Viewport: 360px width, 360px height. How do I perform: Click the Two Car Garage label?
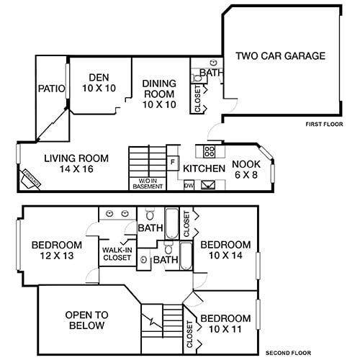coord(281,55)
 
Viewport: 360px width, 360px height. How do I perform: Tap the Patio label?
coord(51,89)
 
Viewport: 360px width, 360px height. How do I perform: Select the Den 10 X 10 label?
coord(99,83)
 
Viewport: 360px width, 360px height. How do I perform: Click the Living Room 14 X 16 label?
coord(76,164)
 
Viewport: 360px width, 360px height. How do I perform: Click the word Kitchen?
coord(204,168)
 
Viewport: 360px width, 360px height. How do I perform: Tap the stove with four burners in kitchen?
coord(210,151)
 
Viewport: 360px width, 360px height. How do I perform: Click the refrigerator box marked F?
coord(173,162)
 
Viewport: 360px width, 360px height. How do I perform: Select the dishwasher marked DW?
coord(189,185)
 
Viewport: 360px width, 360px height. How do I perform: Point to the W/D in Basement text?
coord(148,183)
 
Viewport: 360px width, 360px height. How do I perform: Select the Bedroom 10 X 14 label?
coord(225,250)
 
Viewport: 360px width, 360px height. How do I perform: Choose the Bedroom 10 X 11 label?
coord(225,324)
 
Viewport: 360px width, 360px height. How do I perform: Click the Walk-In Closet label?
coord(117,253)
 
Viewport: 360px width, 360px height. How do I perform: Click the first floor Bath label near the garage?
coord(211,73)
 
